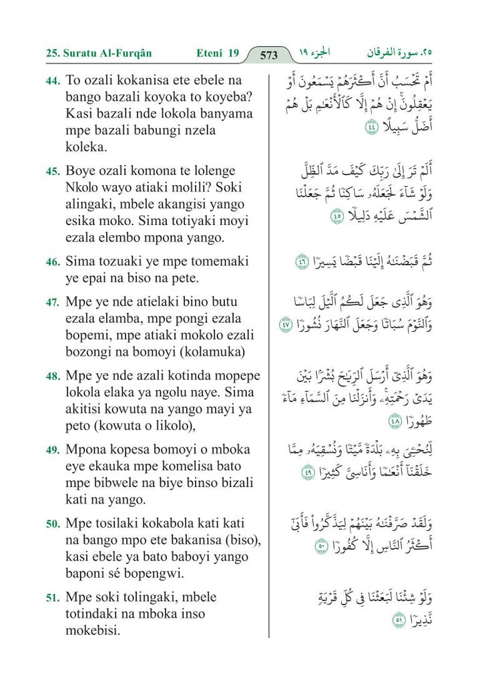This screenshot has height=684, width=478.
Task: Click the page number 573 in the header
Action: tap(268, 55)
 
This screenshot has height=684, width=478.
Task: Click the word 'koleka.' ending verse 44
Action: tap(86, 146)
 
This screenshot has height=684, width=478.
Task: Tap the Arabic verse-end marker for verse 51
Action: tap(399, 620)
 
